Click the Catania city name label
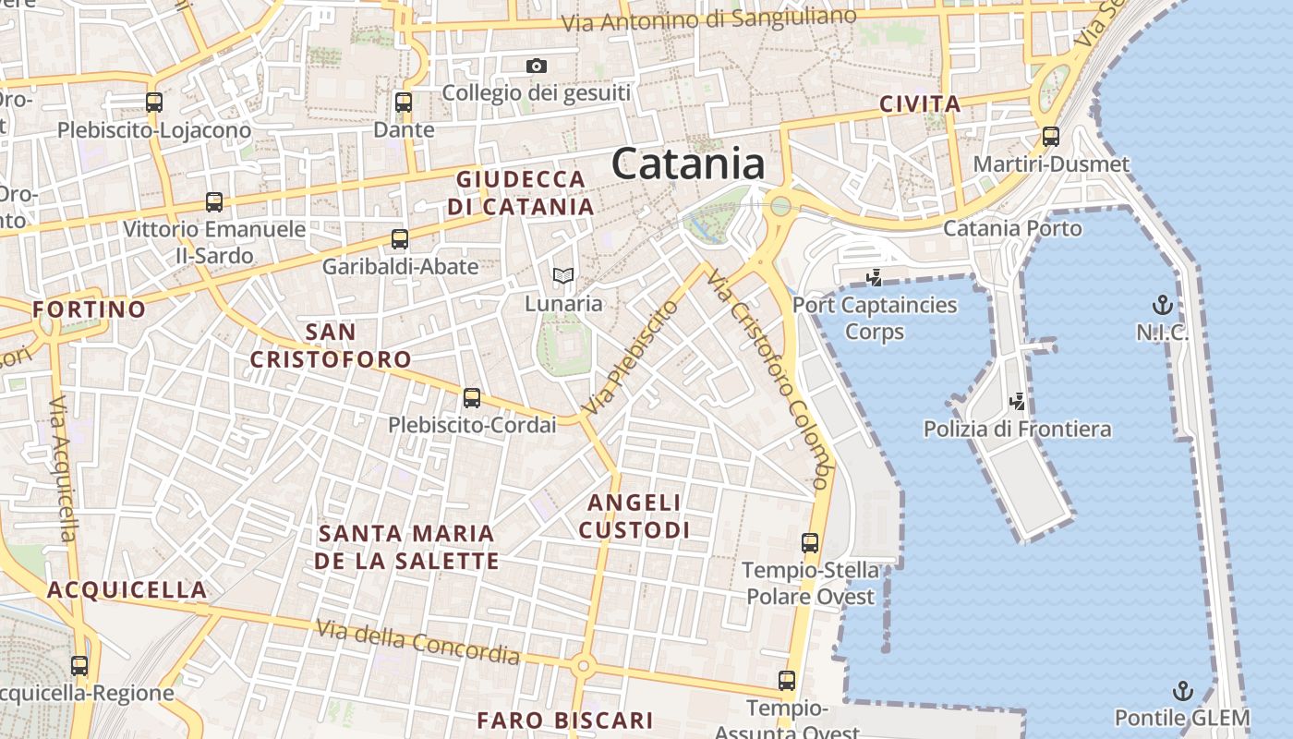click(687, 164)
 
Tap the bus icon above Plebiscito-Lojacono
click(154, 103)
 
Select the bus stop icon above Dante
click(404, 103)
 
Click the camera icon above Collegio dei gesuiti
click(537, 66)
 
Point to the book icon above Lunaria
click(562, 275)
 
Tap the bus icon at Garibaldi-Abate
click(400, 239)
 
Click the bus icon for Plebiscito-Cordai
click(472, 398)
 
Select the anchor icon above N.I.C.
click(1162, 305)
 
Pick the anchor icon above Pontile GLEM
click(1182, 691)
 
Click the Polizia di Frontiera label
click(1017, 429)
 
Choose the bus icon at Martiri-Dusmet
click(1051, 137)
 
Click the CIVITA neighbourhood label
click(920, 104)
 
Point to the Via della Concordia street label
click(417, 643)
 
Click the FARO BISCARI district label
click(564, 720)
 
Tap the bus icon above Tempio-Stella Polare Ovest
click(810, 543)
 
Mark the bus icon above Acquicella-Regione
click(79, 665)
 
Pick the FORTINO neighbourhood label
click(90, 309)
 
